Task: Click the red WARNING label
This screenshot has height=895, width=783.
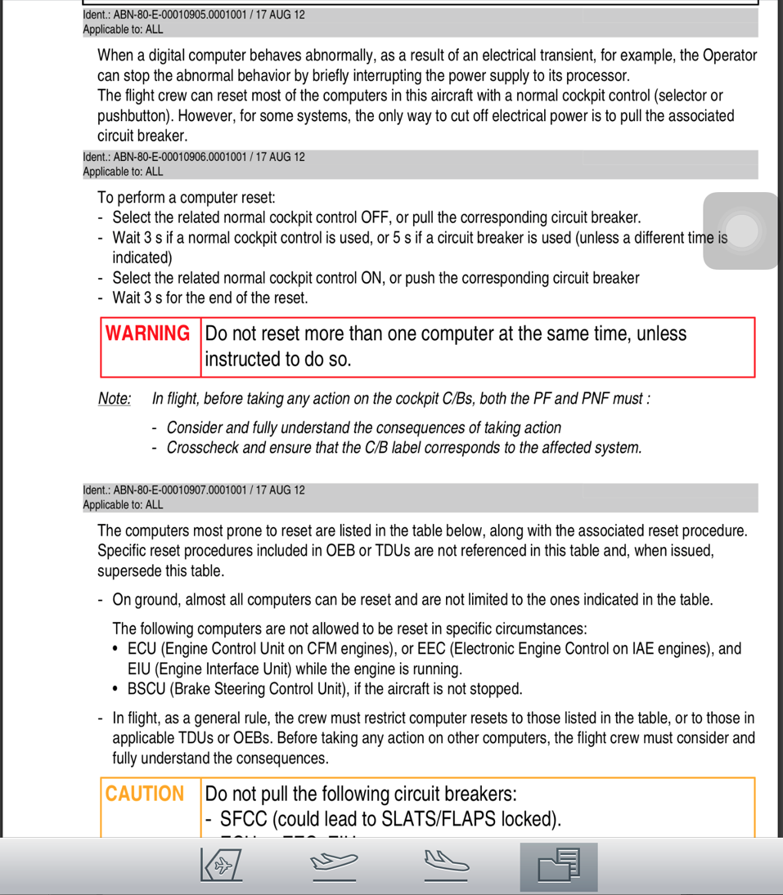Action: click(148, 333)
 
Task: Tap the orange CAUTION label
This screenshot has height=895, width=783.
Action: click(145, 794)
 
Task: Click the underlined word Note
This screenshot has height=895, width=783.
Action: click(114, 399)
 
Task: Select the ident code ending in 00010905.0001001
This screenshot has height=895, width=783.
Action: click(194, 15)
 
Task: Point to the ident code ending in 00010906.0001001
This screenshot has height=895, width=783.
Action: click(194, 157)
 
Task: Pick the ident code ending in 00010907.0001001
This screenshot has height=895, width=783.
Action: click(194, 490)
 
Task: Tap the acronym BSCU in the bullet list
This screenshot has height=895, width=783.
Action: click(147, 689)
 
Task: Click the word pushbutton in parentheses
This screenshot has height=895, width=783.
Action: click(134, 116)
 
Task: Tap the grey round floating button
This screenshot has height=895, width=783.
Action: click(741, 230)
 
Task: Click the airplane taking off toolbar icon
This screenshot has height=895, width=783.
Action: click(335, 863)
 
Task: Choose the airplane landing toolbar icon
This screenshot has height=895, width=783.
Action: click(446, 863)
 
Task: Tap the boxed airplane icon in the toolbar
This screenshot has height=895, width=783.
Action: click(221, 865)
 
